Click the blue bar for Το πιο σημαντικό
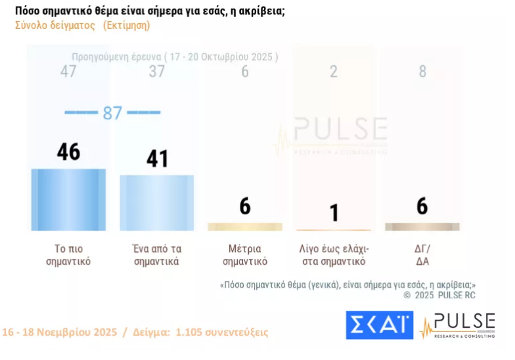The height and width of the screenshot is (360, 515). [68, 199]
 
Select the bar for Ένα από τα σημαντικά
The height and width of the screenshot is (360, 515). [156, 202]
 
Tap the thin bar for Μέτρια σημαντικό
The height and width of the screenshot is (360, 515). [244, 227]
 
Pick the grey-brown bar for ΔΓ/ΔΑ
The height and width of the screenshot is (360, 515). [422, 227]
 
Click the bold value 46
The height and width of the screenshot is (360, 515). [68, 152]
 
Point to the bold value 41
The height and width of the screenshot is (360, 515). [156, 158]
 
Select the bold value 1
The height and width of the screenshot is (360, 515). [334, 212]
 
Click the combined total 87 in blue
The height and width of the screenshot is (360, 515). [112, 113]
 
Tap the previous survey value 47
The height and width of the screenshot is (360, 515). [68, 71]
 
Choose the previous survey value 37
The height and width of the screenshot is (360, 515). [156, 71]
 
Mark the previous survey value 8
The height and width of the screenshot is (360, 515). [422, 71]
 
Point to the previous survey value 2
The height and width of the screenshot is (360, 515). [334, 71]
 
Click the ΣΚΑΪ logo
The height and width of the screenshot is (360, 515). [379, 325]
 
